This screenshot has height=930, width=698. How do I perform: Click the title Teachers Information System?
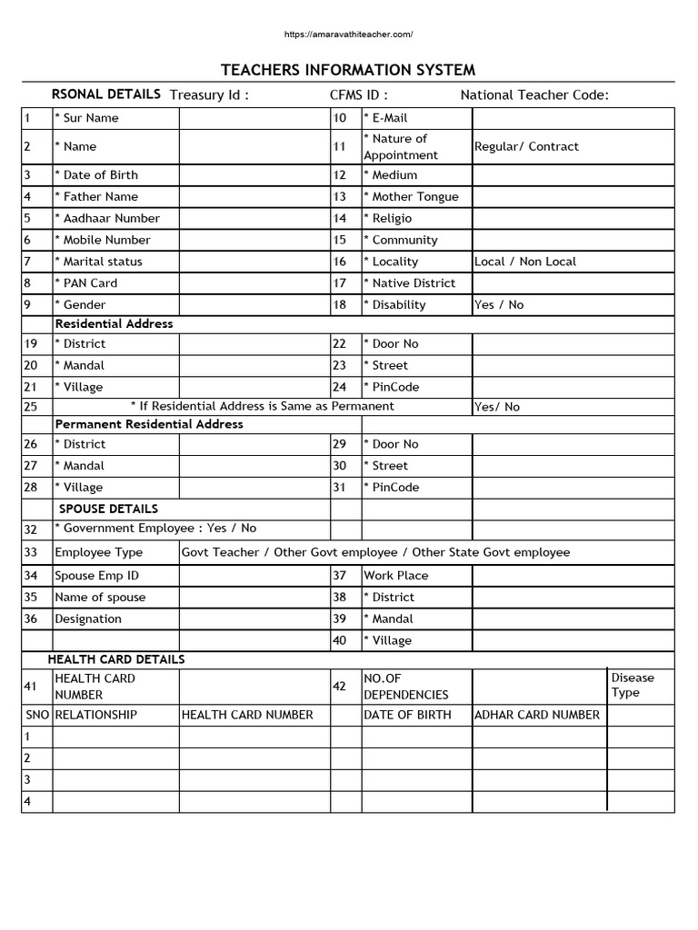point(348,70)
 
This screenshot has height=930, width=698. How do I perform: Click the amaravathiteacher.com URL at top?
point(348,35)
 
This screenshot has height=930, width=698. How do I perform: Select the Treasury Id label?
point(209,95)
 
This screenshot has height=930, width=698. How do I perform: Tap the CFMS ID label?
point(359,95)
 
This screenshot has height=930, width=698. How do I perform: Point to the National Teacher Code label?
point(534,95)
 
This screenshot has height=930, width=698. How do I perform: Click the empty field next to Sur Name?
point(254,118)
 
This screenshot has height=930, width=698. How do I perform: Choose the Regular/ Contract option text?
point(526,146)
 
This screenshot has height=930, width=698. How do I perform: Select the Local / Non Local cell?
point(525,262)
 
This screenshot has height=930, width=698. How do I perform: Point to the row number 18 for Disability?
point(340,305)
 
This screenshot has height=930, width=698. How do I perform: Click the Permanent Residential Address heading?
point(149,424)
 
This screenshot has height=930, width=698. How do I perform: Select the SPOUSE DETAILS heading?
point(108,509)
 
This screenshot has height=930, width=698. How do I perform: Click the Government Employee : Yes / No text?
point(155,529)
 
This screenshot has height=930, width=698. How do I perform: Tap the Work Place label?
point(395,576)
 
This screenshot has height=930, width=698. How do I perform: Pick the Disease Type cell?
point(632,685)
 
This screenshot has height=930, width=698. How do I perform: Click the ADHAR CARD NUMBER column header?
point(537,715)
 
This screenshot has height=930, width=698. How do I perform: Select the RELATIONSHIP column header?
point(95,715)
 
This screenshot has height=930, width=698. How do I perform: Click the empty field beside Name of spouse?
point(254,598)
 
